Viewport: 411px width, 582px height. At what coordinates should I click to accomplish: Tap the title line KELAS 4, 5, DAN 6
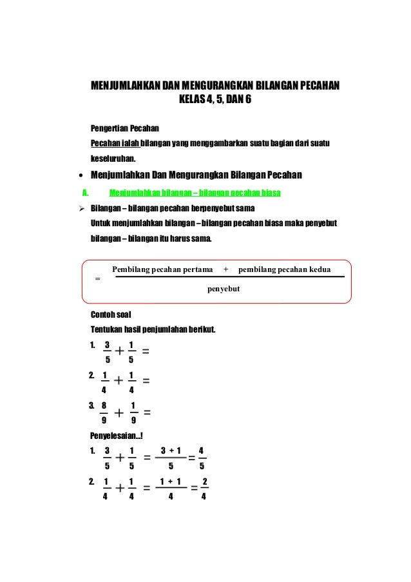click(x=215, y=101)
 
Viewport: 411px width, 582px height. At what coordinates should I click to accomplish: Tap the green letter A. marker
click(x=83, y=192)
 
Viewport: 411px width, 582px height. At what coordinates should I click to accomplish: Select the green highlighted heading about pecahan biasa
click(x=195, y=192)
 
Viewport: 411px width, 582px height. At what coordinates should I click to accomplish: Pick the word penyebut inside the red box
click(x=224, y=291)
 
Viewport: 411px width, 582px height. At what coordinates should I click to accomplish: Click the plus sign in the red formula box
click(x=225, y=269)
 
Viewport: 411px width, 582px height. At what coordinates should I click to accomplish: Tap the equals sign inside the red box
click(x=97, y=278)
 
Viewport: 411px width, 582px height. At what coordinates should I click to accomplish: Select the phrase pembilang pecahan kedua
click(x=284, y=269)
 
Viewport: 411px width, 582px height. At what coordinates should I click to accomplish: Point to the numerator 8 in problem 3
click(x=104, y=405)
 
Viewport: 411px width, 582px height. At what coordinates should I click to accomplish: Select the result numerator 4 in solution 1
click(x=202, y=451)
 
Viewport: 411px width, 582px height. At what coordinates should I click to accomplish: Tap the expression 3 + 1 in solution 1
click(x=171, y=451)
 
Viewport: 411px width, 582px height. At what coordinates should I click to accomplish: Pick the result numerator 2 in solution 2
click(x=204, y=481)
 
